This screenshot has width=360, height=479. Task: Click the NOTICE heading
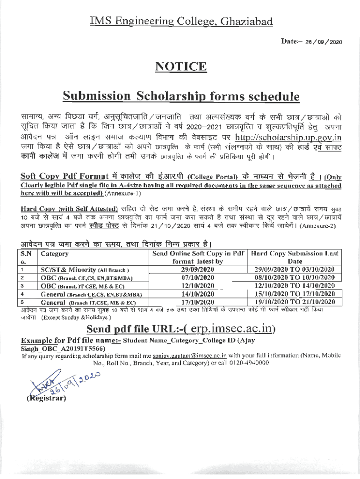180,66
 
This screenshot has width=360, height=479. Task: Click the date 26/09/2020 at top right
324,42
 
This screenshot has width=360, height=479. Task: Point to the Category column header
55,254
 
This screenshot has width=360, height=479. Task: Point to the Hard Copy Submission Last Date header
295,258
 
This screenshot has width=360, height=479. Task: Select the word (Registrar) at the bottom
46,399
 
